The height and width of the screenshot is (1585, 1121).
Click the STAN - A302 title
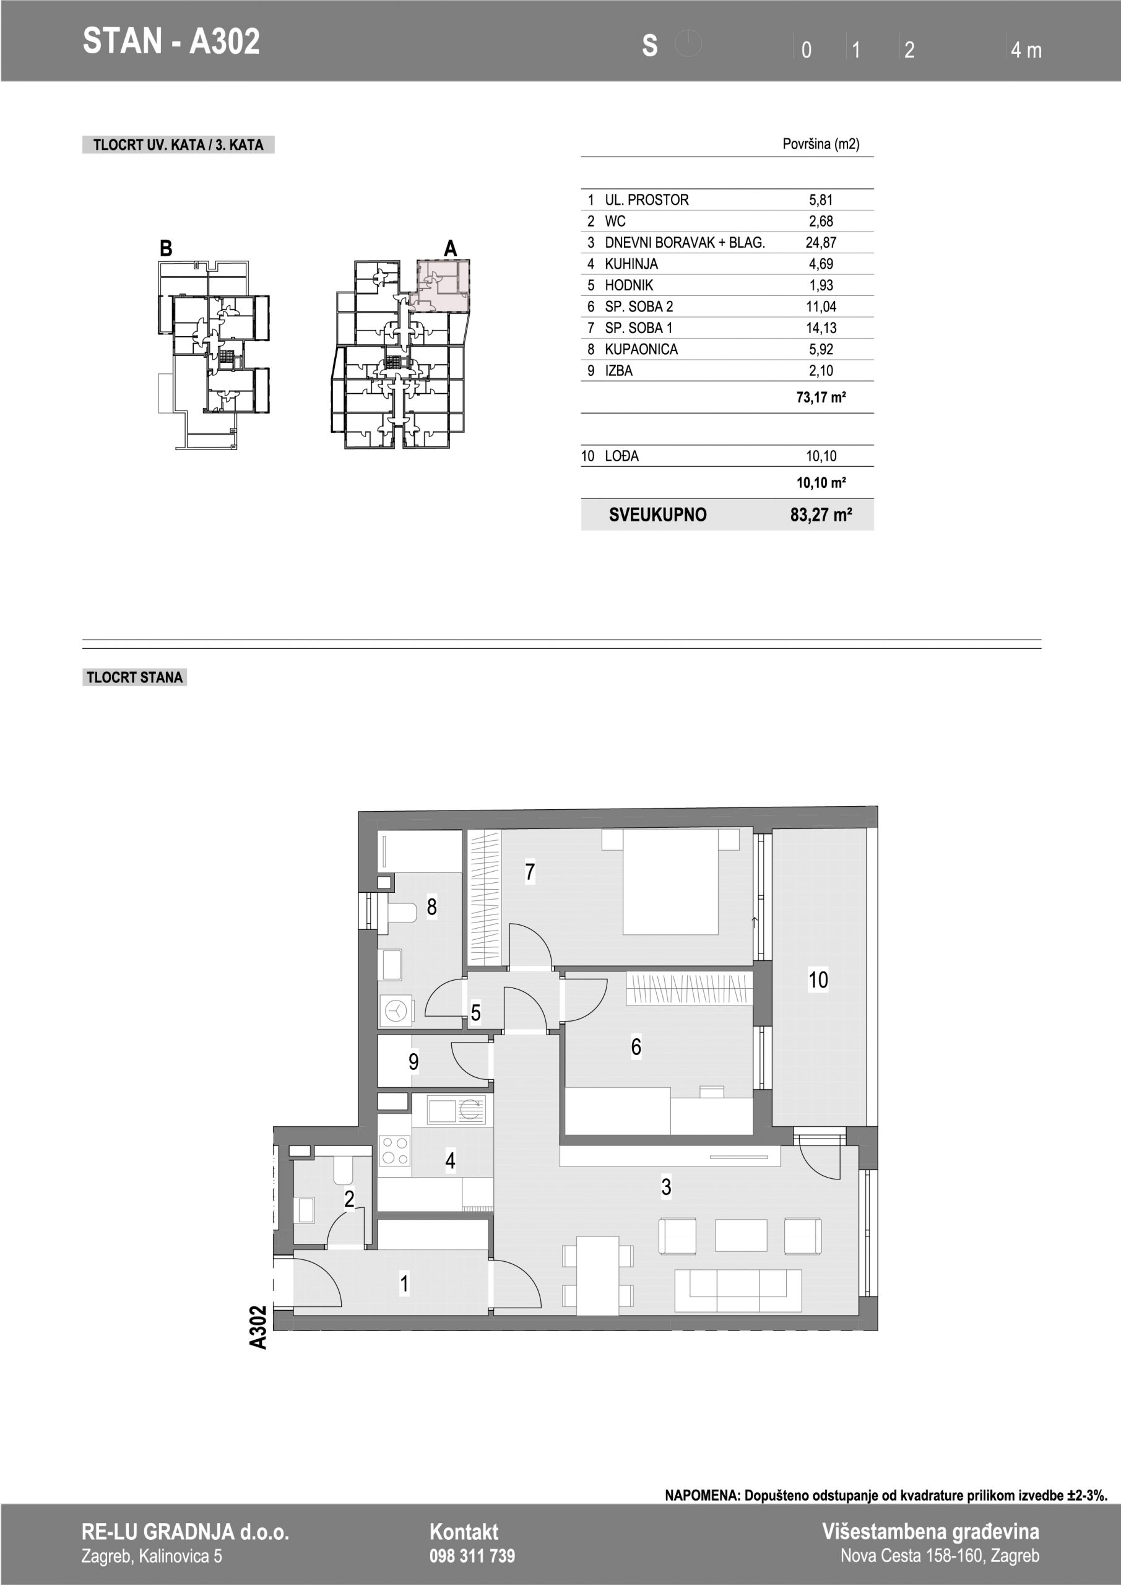(171, 41)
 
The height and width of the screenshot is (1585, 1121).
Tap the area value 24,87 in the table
(821, 242)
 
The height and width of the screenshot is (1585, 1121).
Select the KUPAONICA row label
(641, 349)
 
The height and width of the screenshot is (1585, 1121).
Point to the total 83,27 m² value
(821, 515)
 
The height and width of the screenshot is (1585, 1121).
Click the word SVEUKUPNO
(658, 515)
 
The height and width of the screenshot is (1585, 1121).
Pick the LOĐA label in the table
(622, 456)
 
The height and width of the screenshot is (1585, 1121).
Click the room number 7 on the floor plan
(529, 872)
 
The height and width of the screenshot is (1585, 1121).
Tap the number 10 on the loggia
(818, 979)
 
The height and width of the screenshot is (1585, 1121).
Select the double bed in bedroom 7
(671, 882)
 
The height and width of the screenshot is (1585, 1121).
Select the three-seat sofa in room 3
(738, 1290)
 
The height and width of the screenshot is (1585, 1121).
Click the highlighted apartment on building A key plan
(442, 284)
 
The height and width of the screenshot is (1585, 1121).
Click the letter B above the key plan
(166, 248)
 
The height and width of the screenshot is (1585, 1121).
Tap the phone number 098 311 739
(472, 1556)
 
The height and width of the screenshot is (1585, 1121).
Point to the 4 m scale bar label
(1026, 50)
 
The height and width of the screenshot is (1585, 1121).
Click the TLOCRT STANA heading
(134, 677)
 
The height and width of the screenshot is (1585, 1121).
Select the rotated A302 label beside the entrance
(258, 1327)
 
